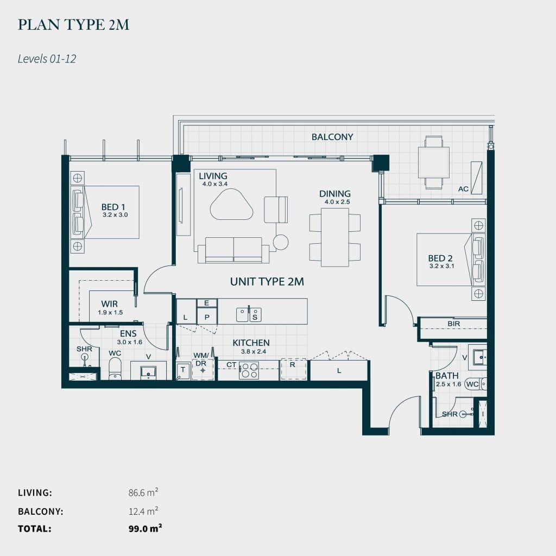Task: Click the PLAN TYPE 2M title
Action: pos(73,25)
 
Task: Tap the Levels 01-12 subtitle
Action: pos(47,59)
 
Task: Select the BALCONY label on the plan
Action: pos(332,137)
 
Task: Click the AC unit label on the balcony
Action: pos(463,189)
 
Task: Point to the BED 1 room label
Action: pos(113,207)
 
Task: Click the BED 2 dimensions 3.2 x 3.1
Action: pos(440,267)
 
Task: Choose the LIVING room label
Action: pos(213,176)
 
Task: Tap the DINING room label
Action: pos(334,193)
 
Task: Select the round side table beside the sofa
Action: pos(281,242)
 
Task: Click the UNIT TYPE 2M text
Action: pos(267,281)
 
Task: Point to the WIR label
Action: pos(110,304)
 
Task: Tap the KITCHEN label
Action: pos(251,343)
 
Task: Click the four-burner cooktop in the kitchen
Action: pos(250,370)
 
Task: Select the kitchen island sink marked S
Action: pos(255,314)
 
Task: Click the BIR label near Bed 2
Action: pos(454,324)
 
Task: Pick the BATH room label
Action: pos(446,376)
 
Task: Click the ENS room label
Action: pos(128,334)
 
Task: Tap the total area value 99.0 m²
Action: pos(145,528)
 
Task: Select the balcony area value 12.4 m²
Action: pos(143,511)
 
